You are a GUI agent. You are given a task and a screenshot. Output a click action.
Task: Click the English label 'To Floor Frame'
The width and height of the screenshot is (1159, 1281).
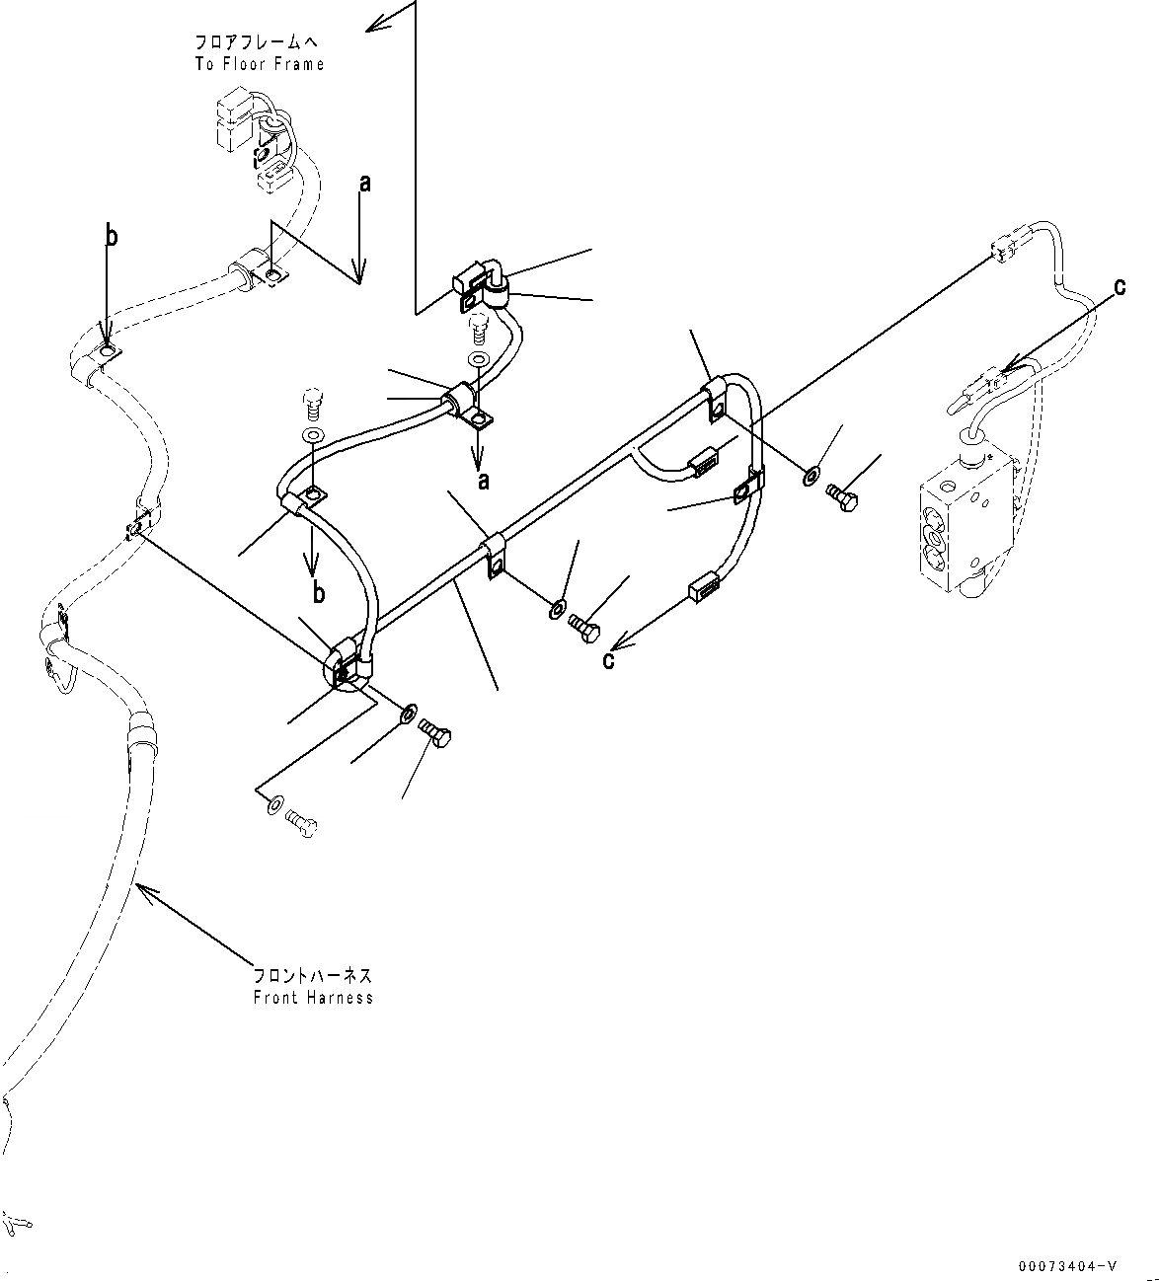[260, 64]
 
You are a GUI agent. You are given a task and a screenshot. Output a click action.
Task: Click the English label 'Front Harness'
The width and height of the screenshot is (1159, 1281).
[313, 998]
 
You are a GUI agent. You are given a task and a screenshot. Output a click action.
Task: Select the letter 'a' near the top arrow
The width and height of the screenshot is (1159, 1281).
[365, 184]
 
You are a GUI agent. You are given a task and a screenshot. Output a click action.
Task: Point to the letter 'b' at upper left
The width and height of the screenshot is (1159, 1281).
[112, 237]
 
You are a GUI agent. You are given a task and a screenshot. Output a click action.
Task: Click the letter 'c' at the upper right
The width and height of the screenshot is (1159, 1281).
[1120, 287]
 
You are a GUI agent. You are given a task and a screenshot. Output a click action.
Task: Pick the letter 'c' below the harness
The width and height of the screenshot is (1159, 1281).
[608, 660]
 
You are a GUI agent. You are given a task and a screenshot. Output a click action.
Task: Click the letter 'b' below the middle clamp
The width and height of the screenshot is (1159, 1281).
[319, 593]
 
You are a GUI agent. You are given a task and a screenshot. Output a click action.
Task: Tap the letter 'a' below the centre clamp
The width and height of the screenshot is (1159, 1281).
[484, 481]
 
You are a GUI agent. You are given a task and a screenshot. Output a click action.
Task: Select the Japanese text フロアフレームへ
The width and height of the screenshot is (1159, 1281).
[256, 42]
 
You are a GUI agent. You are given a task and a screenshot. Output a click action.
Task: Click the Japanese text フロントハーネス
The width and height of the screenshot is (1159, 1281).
[312, 976]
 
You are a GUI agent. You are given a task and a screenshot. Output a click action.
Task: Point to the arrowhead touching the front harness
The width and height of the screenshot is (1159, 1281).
[146, 894]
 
